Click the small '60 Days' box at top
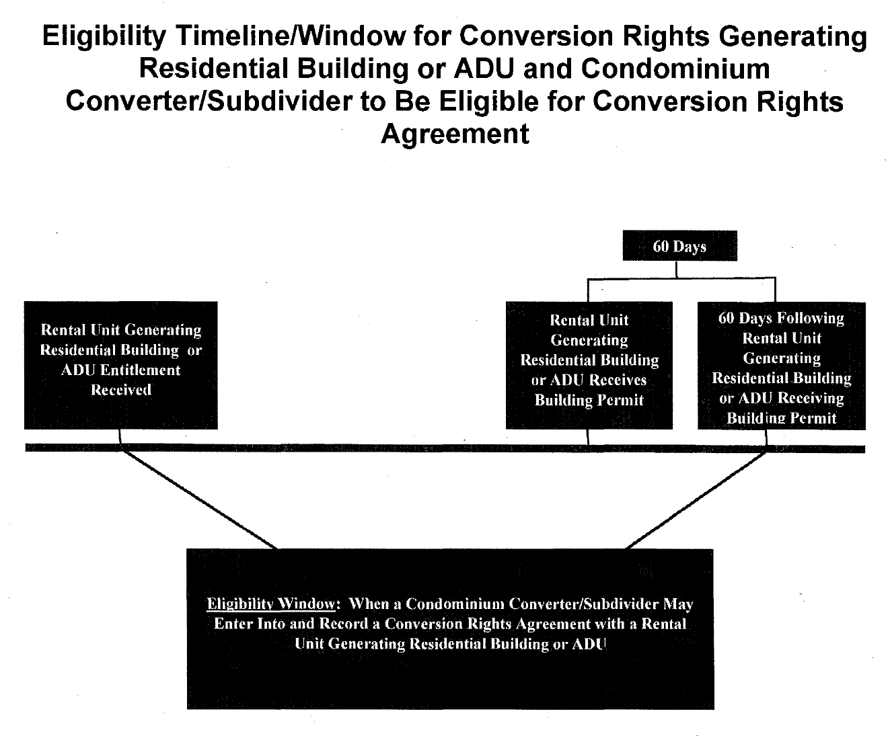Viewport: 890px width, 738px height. point(679,246)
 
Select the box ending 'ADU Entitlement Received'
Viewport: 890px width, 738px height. point(121,365)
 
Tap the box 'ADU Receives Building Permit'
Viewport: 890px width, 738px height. point(589,365)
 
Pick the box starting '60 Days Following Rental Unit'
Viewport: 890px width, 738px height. point(781,365)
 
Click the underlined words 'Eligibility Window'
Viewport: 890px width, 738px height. point(271,604)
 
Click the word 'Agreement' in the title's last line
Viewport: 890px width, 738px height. point(455,134)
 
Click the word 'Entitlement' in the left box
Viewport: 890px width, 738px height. point(141,370)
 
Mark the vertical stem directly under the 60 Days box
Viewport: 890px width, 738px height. point(676,270)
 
